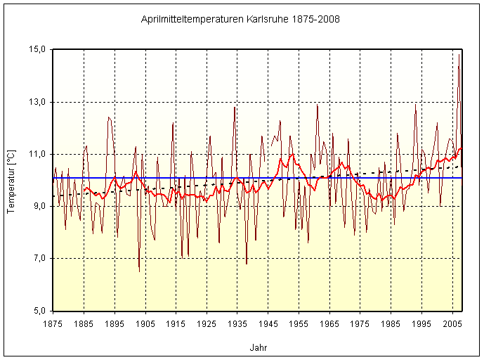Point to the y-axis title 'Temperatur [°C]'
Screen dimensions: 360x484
tap(11, 180)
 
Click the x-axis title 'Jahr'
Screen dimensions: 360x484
tap(258, 347)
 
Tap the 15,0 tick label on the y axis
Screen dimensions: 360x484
tap(37, 50)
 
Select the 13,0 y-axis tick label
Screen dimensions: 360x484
tap(37, 102)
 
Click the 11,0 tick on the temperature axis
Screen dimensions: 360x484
tap(37, 154)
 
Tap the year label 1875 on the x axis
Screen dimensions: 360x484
tap(53, 323)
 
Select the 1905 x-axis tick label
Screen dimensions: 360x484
tap(145, 323)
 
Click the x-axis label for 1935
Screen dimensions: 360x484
tap(238, 323)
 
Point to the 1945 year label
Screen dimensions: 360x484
tap(269, 323)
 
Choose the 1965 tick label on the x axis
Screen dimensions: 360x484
tap(330, 323)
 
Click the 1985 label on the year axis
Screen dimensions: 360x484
tap(392, 323)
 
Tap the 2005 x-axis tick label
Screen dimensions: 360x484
tap(454, 323)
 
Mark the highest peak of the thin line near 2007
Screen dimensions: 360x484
tap(459, 55)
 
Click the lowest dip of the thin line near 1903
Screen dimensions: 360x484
tap(139, 271)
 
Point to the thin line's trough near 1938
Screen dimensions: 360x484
tap(247, 264)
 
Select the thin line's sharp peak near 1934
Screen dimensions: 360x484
tap(235, 107)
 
